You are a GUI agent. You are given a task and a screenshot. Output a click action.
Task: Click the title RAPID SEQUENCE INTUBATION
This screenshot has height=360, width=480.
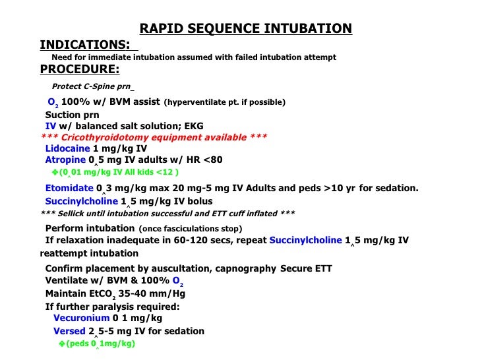point(245,28)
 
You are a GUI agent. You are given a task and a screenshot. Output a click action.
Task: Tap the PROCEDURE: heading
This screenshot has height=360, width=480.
point(80,69)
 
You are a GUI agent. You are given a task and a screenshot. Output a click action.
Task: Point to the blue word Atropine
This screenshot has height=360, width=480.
point(65,160)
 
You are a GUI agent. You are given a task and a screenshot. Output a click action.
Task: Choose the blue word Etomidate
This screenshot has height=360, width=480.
point(69,188)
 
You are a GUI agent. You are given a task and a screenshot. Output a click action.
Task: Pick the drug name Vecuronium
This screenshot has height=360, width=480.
point(81,318)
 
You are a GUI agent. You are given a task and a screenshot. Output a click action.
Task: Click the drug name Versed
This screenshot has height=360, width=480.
point(69,331)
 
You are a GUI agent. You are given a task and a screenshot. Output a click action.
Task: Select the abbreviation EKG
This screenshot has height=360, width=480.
point(195,125)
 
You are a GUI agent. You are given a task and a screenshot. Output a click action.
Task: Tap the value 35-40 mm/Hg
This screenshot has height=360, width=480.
point(129,294)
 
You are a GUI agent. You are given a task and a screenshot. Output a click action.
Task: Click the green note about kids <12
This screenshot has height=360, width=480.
point(115,172)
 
